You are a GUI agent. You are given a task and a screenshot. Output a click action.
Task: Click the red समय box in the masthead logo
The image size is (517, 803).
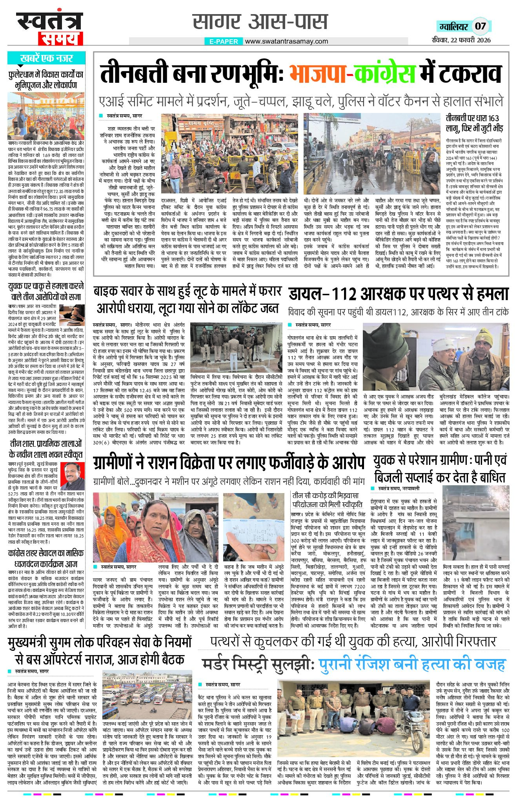pyautogui.click(x=60, y=38)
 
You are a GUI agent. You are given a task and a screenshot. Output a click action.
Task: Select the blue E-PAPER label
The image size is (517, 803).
pyautogui.click(x=224, y=42)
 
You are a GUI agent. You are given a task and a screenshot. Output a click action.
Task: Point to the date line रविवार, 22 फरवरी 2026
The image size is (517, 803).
pyautogui.click(x=460, y=40)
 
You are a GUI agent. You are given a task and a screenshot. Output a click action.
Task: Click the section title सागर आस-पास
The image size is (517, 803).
pyautogui.click(x=260, y=22)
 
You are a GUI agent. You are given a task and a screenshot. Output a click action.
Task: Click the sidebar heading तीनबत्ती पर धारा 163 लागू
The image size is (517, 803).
pyautogui.click(x=474, y=122)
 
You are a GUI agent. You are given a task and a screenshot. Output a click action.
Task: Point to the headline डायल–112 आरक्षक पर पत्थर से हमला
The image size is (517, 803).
pyautogui.click(x=398, y=294)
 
